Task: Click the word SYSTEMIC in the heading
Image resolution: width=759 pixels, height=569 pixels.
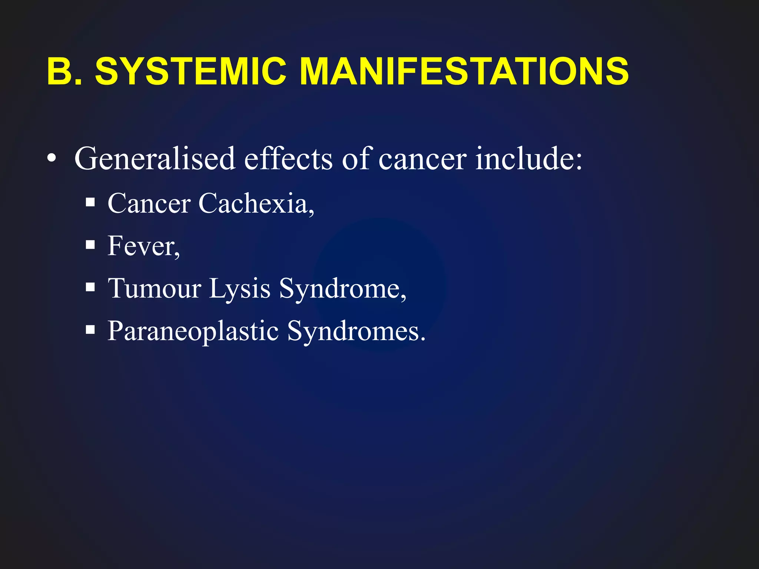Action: click(x=190, y=71)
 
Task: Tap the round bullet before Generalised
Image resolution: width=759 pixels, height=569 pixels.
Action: click(x=52, y=159)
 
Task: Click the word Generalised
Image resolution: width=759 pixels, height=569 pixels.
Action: click(x=155, y=159)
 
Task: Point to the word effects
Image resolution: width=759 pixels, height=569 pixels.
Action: click(x=288, y=159)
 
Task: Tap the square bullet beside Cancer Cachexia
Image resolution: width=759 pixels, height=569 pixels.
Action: click(x=90, y=203)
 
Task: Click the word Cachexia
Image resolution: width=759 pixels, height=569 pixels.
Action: click(x=256, y=203)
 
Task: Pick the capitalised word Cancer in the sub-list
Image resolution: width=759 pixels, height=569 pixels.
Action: click(x=149, y=203)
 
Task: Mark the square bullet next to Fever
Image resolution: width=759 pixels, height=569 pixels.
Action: click(x=90, y=245)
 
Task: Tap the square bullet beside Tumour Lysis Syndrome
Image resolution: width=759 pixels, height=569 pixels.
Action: click(x=90, y=287)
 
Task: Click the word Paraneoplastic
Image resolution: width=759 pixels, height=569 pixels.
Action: click(x=193, y=331)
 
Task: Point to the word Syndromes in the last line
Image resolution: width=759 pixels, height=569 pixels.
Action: click(x=356, y=331)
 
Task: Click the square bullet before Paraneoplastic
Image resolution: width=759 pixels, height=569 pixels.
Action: click(x=90, y=329)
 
